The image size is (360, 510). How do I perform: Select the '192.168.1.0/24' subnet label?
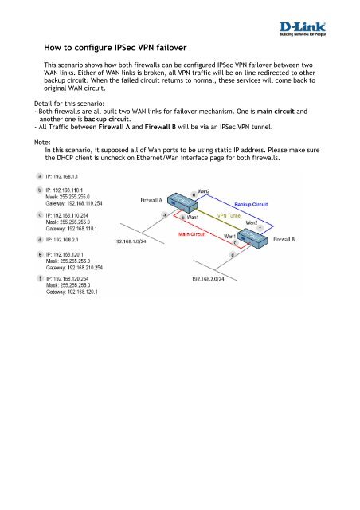click(x=134, y=240)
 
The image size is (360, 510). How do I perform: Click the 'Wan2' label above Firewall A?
click(x=205, y=192)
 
